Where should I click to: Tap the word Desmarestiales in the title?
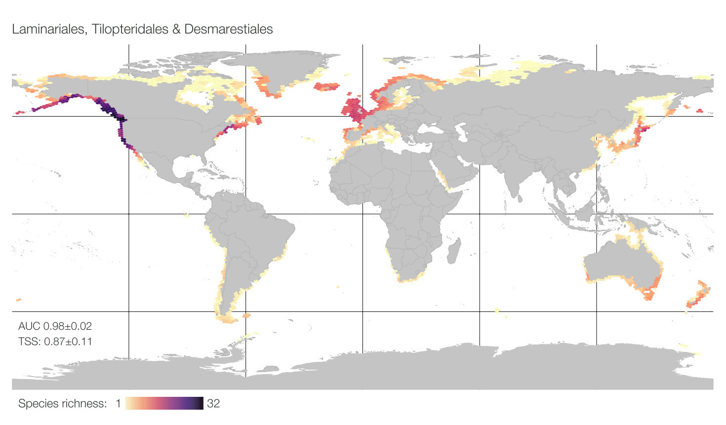click(x=228, y=29)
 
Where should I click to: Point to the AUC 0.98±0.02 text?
click(x=55, y=326)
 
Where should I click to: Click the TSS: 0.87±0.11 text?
click(x=55, y=341)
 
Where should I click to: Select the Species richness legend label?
click(x=62, y=404)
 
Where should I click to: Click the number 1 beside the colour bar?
click(x=119, y=404)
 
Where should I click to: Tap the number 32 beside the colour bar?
click(x=213, y=404)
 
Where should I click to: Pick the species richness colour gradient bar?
click(x=164, y=403)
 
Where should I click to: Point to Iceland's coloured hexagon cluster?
click(x=327, y=87)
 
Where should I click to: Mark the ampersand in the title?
click(x=176, y=29)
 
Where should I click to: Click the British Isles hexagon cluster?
click(x=354, y=110)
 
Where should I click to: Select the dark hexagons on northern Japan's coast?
click(x=643, y=129)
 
